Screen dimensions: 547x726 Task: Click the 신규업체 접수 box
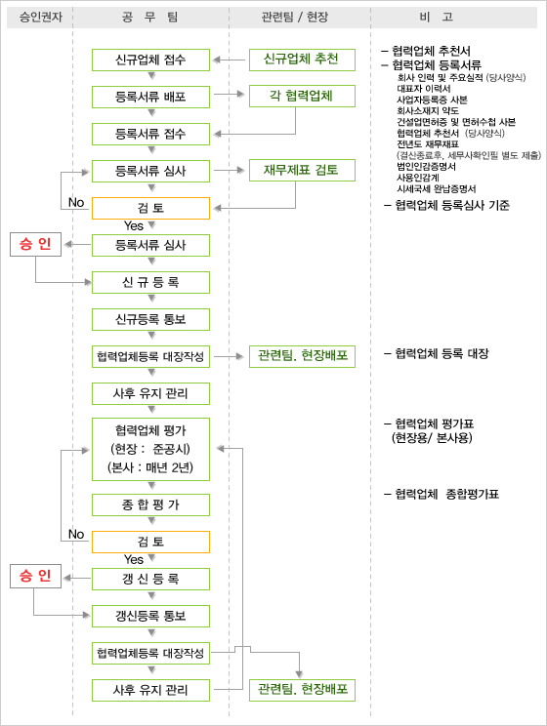click(150, 60)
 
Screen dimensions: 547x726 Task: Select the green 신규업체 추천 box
click(302, 60)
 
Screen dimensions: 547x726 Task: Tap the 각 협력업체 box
click(302, 96)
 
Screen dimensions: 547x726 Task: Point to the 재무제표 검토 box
click(302, 170)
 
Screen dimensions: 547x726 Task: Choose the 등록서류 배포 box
click(150, 97)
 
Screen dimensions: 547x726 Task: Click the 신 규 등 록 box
click(150, 282)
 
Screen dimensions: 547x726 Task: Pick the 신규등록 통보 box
click(150, 319)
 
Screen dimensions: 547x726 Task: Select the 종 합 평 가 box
click(150, 504)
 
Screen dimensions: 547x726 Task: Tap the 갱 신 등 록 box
click(150, 579)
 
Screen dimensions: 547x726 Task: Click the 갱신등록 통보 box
click(150, 616)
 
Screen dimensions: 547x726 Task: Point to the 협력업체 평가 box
click(150, 449)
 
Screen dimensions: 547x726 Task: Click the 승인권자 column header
click(40, 18)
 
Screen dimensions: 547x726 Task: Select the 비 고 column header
click(437, 18)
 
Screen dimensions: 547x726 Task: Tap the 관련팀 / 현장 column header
click(295, 18)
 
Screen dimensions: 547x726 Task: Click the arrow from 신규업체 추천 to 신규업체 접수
click(229, 60)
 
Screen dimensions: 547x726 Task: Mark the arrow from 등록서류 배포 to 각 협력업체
click(229, 94)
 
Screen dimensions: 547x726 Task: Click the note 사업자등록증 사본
click(432, 100)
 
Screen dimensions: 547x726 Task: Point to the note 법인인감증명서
click(427, 166)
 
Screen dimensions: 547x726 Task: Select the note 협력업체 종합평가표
click(442, 494)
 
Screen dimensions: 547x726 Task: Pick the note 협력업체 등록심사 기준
click(446, 205)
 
